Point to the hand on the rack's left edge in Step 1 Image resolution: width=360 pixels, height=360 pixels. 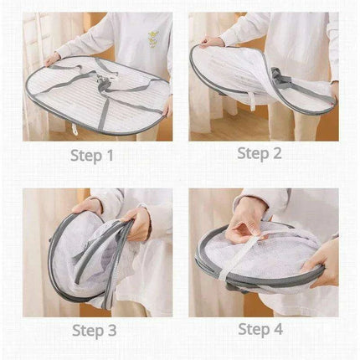tap(52, 59)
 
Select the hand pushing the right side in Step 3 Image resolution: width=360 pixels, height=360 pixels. tap(139, 224)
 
